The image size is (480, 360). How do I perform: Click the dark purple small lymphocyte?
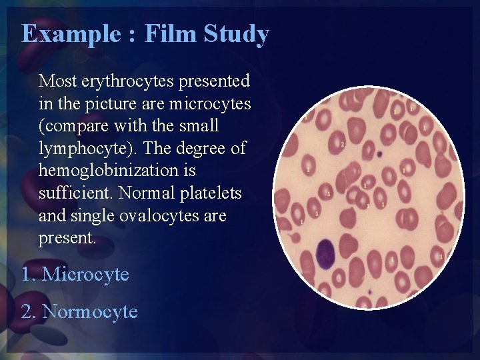[325, 253]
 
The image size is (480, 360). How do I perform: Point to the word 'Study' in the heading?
[237, 33]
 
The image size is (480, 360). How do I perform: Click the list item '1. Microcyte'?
[75, 274]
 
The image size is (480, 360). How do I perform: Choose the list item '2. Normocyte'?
[79, 311]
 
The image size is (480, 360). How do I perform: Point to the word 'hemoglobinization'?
[117, 171]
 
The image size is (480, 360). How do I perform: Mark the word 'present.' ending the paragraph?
[67, 238]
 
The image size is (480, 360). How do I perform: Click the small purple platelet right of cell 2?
[378, 154]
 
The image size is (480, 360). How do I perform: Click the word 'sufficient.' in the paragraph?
[76, 193]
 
